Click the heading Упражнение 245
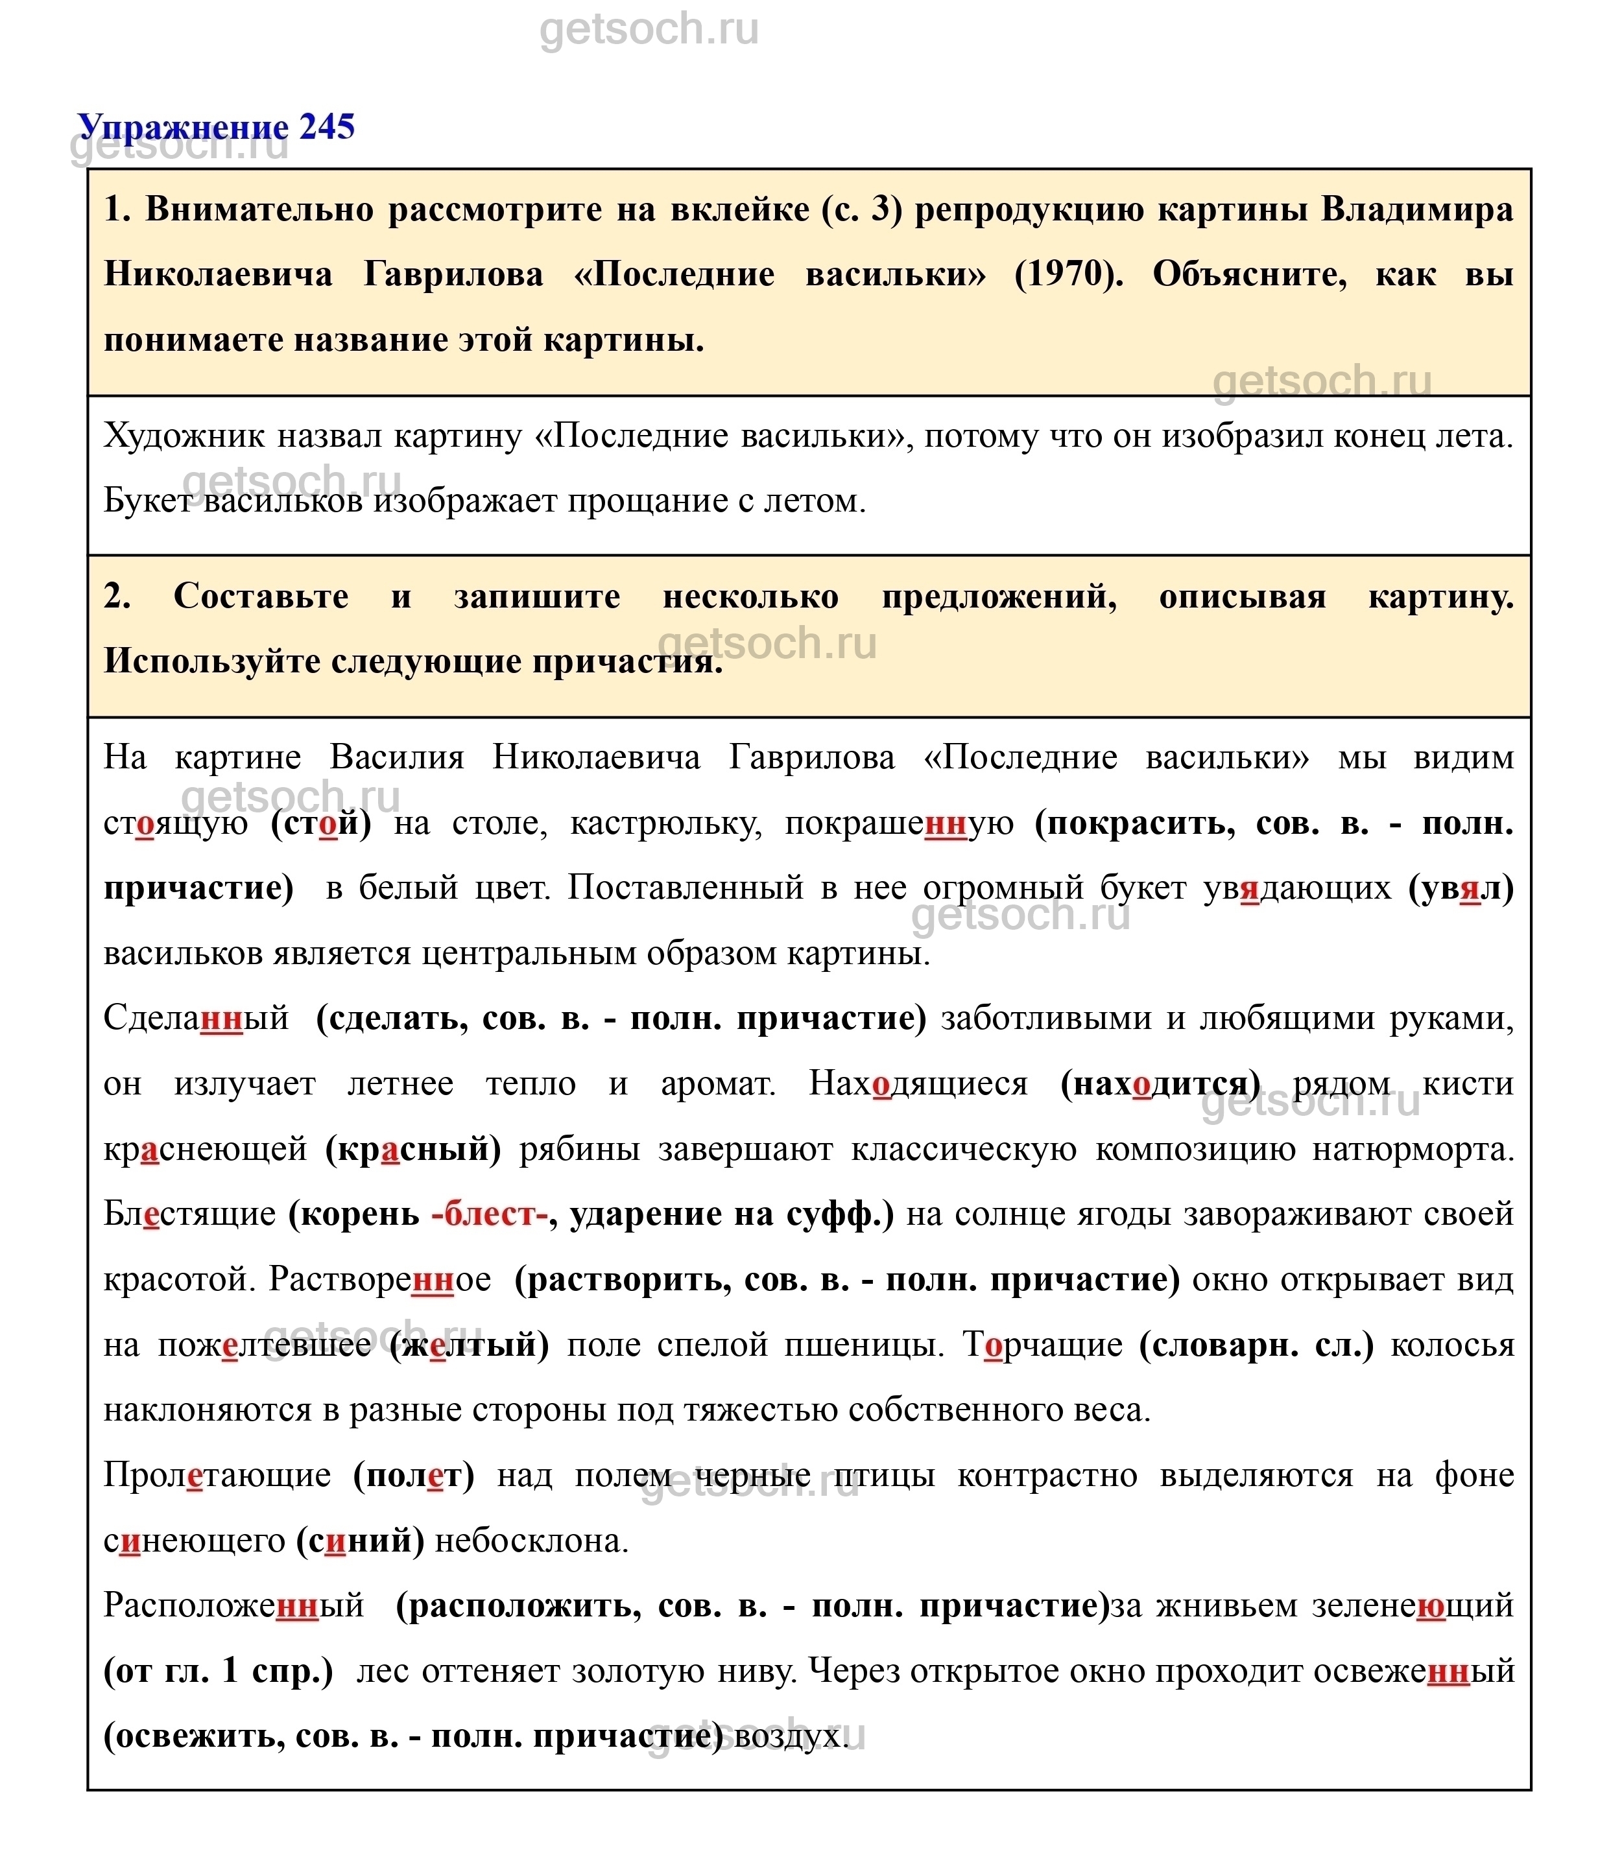(217, 126)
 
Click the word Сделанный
(196, 1019)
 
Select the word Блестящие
(189, 1214)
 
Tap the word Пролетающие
(217, 1475)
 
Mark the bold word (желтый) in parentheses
(468, 1345)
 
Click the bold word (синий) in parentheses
(359, 1541)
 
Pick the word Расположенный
(233, 1605)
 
